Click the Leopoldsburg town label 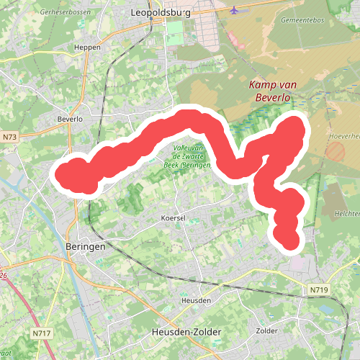[171, 13]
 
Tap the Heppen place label [88, 48]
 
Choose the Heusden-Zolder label [186, 332]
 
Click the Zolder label [267, 330]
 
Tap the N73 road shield [9, 136]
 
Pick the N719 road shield [319, 289]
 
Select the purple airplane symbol [235, 10]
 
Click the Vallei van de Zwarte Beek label [191, 157]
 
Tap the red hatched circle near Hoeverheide [336, 151]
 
